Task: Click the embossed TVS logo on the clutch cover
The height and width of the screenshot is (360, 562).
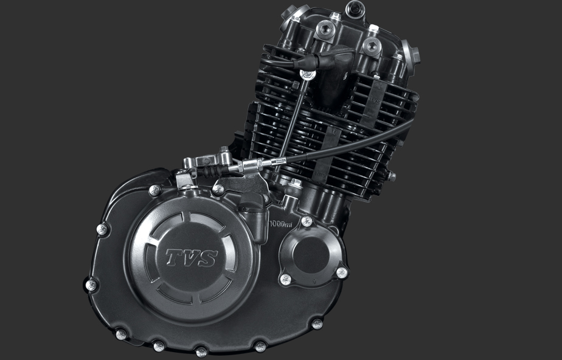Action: [x=191, y=257]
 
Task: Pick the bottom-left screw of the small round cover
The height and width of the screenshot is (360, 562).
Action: [x=285, y=279]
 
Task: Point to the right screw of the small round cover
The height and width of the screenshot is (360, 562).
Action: [x=342, y=272]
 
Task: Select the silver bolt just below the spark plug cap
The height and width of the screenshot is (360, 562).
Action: [x=308, y=74]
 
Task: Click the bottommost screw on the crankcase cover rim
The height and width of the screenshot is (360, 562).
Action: [x=201, y=351]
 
